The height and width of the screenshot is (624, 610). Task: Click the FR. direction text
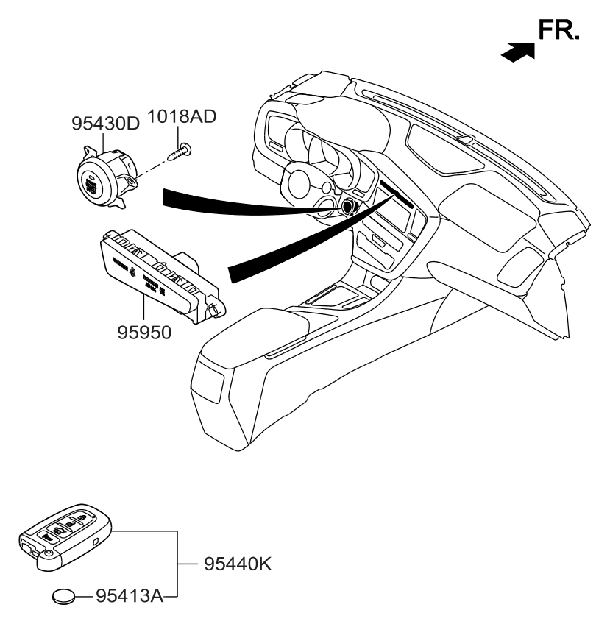pyautogui.click(x=559, y=31)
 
